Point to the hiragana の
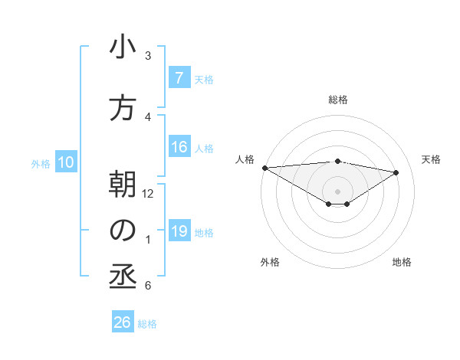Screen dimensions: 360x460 [123, 231]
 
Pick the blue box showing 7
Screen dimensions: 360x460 [179, 77]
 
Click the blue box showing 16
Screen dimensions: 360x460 [179, 147]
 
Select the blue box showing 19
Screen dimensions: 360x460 [179, 231]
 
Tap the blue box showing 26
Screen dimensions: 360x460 [123, 322]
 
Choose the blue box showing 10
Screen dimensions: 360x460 [66, 162]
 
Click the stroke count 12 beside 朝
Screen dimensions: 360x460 [148, 194]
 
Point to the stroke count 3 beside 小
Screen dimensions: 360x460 [148, 56]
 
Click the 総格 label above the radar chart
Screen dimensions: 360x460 [337, 100]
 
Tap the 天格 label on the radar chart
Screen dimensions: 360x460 [431, 159]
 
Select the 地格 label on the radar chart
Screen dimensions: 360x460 [402, 262]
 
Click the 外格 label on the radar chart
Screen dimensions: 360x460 [269, 262]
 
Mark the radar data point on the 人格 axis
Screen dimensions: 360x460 [264, 167]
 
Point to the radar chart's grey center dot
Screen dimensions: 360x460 [337, 190]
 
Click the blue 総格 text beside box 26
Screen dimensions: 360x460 [147, 323]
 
